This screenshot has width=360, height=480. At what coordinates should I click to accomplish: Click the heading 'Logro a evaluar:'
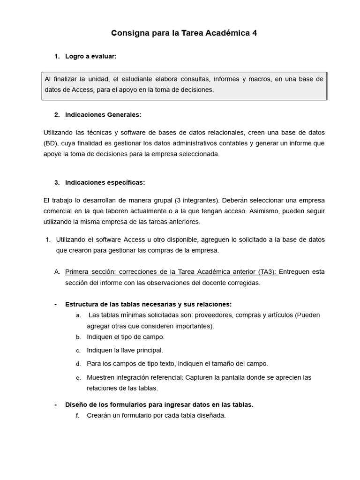point(91,56)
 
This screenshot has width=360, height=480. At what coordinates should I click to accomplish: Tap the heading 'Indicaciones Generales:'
point(103,114)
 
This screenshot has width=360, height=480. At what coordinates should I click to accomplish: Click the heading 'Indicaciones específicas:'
point(105,182)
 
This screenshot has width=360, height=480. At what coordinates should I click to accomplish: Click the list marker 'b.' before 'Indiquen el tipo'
point(78,337)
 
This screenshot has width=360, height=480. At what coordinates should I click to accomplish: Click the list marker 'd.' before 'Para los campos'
point(78,364)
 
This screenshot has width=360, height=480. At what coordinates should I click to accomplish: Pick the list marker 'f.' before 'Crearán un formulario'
point(78,416)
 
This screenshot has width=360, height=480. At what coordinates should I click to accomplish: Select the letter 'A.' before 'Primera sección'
point(57,272)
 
